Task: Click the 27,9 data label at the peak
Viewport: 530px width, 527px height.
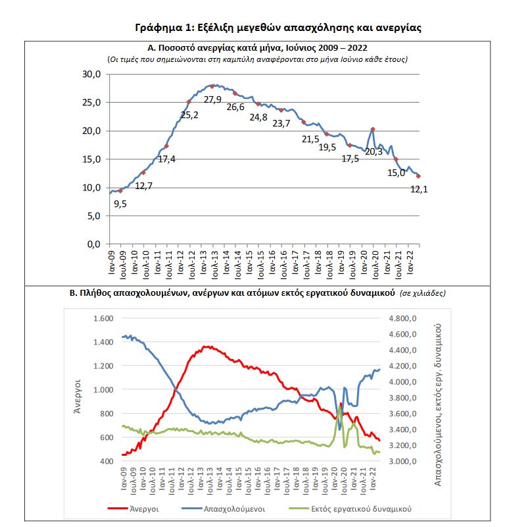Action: (212, 99)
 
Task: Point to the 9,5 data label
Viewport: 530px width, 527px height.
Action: (120, 204)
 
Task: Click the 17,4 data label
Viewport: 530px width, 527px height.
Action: (166, 159)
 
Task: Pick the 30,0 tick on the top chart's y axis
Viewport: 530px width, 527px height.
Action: (91, 74)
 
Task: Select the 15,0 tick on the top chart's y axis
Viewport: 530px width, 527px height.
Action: (91, 159)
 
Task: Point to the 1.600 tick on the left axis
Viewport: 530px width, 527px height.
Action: (103, 318)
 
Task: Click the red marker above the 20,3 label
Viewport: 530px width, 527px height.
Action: (373, 129)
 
